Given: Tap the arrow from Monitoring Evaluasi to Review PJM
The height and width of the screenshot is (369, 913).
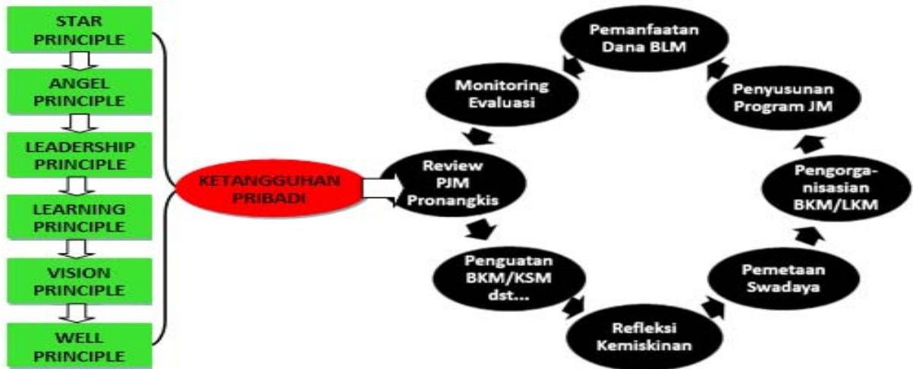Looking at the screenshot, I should [479, 136].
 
